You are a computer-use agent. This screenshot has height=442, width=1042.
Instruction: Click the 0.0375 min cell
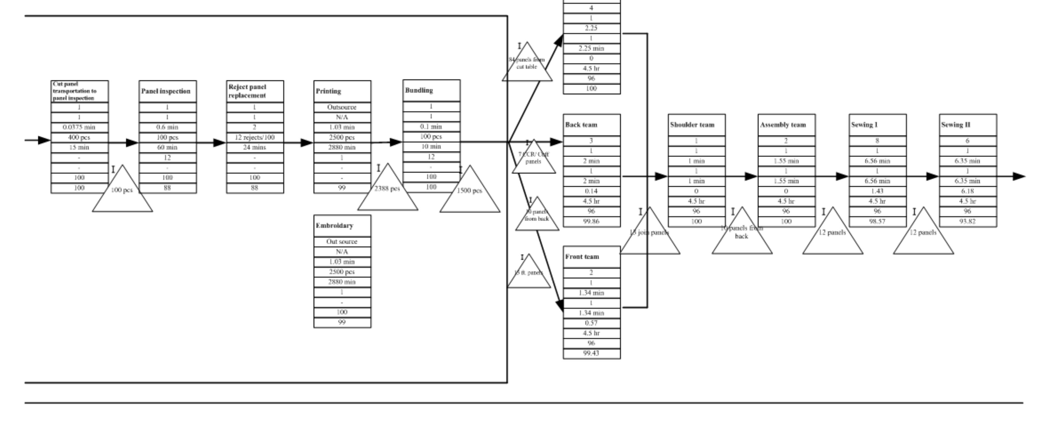pos(79,127)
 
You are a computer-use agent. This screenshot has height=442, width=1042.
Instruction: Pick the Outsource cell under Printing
pos(342,107)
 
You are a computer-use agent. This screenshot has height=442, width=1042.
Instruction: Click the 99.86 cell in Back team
pos(591,221)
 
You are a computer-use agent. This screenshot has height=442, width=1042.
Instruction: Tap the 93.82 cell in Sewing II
pos(968,221)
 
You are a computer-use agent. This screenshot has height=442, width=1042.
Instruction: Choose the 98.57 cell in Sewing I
pos(877,221)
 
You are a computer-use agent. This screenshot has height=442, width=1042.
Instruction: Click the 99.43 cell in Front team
pos(591,353)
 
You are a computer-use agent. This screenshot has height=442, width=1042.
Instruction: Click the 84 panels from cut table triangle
pos(527,65)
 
